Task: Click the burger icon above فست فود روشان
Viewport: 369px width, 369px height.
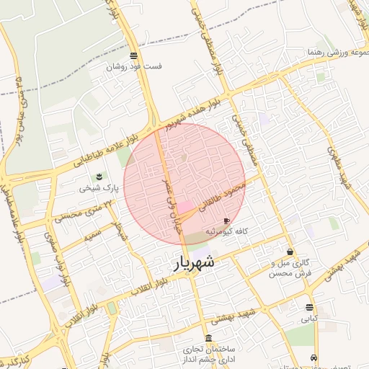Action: click(x=134, y=55)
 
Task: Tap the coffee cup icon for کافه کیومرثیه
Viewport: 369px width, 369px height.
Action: click(x=227, y=221)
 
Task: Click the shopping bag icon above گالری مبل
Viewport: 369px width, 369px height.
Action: click(x=290, y=252)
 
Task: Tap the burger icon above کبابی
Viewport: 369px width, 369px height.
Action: click(x=309, y=308)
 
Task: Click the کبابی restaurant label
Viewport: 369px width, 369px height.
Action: click(x=308, y=318)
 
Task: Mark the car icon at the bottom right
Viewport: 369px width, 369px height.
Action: click(x=314, y=358)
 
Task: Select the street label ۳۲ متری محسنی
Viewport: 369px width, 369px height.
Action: click(x=85, y=210)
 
